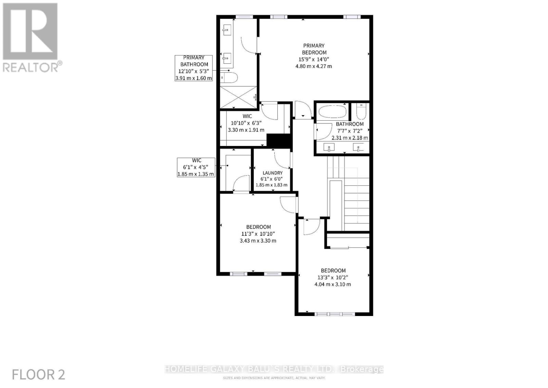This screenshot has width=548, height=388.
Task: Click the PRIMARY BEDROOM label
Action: (x=314, y=49)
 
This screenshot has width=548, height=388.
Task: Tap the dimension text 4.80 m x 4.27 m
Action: (x=314, y=66)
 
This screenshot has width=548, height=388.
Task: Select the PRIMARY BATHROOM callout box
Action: (x=194, y=68)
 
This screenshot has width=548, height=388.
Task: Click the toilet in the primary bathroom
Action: (x=229, y=78)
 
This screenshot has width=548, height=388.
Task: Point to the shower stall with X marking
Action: (x=238, y=97)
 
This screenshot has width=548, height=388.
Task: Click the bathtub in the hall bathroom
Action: (x=332, y=111)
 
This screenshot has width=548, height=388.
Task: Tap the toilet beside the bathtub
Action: (x=361, y=111)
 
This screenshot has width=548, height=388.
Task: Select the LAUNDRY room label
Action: (x=273, y=173)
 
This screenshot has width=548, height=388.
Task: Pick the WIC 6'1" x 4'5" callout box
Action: (x=196, y=167)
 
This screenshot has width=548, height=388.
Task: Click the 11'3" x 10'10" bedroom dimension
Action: (x=258, y=234)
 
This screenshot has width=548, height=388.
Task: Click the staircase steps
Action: (x=356, y=202)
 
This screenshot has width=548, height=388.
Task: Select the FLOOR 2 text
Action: (x=38, y=374)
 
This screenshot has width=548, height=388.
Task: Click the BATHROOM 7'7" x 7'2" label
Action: (x=350, y=124)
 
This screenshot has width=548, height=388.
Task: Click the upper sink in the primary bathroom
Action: (x=227, y=30)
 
